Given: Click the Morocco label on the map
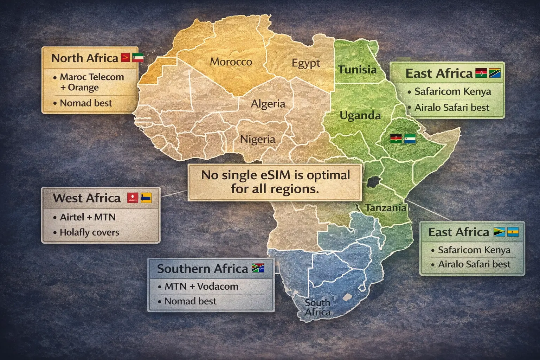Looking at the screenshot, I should [x=231, y=62].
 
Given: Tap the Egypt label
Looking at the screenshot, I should [x=306, y=64].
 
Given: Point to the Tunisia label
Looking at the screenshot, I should [x=357, y=70].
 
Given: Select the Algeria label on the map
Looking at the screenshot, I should [x=268, y=104].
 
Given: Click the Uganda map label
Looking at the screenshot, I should [x=360, y=116].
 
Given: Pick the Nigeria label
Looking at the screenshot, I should [x=258, y=140].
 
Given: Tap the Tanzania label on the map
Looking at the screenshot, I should [x=386, y=208].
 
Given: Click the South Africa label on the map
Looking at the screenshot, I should [x=317, y=307].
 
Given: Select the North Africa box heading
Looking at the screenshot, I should [x=85, y=58].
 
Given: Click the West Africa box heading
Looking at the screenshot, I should [x=86, y=198].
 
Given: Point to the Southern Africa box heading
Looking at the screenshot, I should [x=202, y=269].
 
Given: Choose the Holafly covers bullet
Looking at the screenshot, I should [x=89, y=232].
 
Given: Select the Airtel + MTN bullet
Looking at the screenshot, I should [x=88, y=217].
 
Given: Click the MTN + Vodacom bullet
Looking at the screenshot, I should [x=201, y=287].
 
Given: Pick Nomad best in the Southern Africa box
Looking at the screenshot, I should [x=190, y=301].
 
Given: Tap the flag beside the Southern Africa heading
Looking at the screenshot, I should [x=258, y=268].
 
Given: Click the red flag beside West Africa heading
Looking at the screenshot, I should [x=133, y=198].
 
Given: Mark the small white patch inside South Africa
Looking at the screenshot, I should [x=347, y=297].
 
